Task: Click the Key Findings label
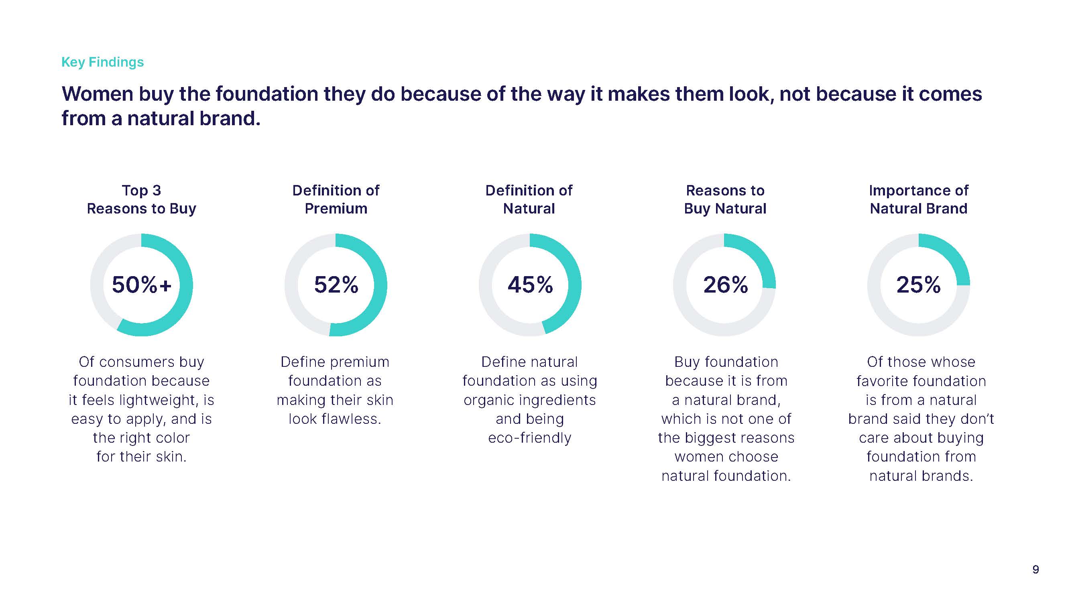point(102,62)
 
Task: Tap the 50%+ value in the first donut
point(142,285)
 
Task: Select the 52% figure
point(336,285)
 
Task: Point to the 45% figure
point(530,285)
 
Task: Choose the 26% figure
point(725,285)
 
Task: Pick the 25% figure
point(918,285)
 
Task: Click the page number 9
point(1035,569)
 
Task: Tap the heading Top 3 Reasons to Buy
point(141,199)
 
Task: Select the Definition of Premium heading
point(336,199)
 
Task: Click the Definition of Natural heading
point(529,199)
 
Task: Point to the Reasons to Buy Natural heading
point(725,199)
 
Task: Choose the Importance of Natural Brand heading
point(918,199)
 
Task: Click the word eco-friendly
point(530,438)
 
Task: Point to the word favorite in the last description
point(883,381)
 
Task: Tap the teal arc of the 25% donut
point(952,253)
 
